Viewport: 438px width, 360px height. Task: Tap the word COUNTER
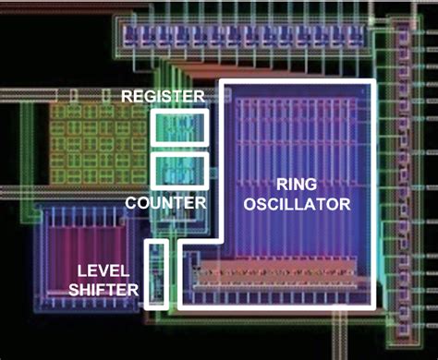[x=165, y=201]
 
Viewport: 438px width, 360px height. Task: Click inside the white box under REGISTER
[x=179, y=126]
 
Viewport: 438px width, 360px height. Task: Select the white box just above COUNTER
[x=179, y=170]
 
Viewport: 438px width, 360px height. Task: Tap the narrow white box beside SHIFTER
[x=157, y=273]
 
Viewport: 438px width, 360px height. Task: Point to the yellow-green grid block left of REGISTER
[x=92, y=148]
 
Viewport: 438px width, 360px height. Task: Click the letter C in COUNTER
[x=131, y=201]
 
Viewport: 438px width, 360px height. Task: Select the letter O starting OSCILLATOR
[x=250, y=203]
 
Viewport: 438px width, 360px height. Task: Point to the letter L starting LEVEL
[x=80, y=270]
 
